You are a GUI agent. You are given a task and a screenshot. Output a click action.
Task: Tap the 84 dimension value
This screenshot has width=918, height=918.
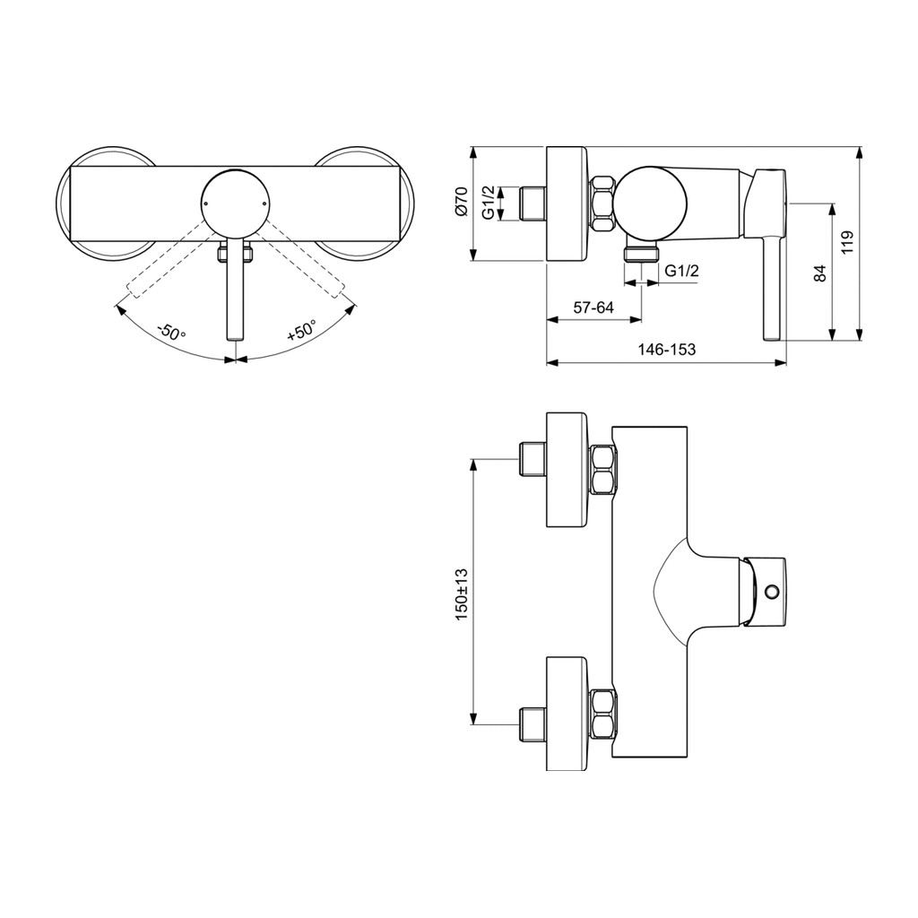pyautogui.click(x=821, y=273)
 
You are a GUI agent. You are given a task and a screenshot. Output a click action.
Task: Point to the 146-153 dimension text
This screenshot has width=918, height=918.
pyautogui.click(x=667, y=350)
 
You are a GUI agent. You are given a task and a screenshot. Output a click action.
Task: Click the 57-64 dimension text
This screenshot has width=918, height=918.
pyautogui.click(x=593, y=307)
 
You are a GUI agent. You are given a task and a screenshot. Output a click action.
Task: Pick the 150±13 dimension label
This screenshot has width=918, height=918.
pyautogui.click(x=462, y=594)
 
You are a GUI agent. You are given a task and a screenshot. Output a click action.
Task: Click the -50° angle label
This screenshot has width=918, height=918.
pyautogui.click(x=170, y=332)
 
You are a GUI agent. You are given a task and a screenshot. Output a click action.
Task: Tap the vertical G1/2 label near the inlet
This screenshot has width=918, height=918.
pyautogui.click(x=489, y=203)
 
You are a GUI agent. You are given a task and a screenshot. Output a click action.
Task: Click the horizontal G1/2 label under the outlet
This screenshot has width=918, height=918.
pyautogui.click(x=682, y=271)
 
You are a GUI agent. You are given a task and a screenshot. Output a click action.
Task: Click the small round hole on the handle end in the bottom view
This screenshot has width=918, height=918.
pyautogui.click(x=773, y=592)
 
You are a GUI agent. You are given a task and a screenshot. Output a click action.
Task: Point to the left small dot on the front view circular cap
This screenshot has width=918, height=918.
pyautogui.click(x=206, y=204)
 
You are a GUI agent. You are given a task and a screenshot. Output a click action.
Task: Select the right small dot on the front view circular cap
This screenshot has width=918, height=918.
pyautogui.click(x=264, y=204)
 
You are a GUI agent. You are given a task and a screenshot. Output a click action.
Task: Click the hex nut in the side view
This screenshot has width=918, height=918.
pyautogui.click(x=602, y=204)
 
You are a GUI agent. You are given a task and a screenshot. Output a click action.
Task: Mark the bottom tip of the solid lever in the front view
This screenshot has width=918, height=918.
pyautogui.click(x=235, y=340)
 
